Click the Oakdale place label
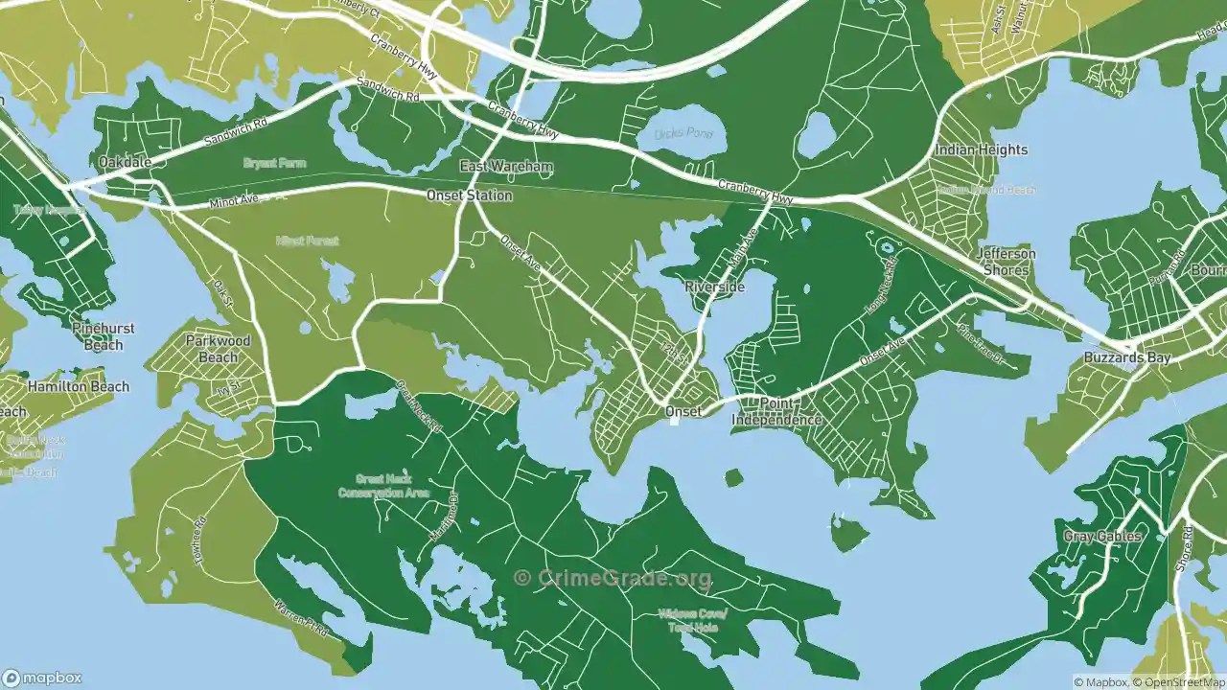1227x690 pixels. (x=125, y=163)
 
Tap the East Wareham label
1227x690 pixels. (x=506, y=167)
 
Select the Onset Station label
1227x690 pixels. (x=470, y=195)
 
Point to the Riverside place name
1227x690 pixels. (x=714, y=287)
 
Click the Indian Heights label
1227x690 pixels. (x=981, y=149)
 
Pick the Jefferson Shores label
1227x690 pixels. (x=1006, y=262)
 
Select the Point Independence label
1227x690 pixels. (x=776, y=412)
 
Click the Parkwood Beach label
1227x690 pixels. (x=218, y=349)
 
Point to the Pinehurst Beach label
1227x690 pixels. (x=104, y=336)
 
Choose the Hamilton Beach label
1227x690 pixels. (x=78, y=387)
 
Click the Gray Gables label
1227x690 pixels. (x=1102, y=537)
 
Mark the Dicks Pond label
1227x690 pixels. (x=684, y=133)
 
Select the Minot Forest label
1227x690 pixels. (x=307, y=241)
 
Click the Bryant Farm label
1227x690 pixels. (x=274, y=164)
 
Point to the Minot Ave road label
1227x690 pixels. (x=235, y=202)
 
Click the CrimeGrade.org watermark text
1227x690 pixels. (x=613, y=578)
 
